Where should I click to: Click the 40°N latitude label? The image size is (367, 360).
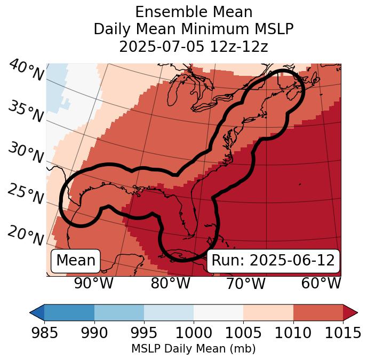(26, 70)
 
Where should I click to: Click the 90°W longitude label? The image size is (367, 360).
(93, 283)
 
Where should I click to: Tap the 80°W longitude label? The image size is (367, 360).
(170, 283)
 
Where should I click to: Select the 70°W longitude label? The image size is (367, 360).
(246, 283)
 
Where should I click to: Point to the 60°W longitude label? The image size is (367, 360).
(321, 283)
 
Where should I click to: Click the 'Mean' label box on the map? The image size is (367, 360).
(76, 261)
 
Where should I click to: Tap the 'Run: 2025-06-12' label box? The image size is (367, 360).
(273, 261)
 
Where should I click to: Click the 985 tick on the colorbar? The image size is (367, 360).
(44, 333)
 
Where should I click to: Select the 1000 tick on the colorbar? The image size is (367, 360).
(194, 333)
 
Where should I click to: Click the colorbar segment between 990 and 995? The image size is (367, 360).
(119, 312)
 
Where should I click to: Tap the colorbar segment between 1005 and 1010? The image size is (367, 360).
(268, 312)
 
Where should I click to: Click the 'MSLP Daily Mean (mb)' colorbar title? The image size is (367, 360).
(193, 349)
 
